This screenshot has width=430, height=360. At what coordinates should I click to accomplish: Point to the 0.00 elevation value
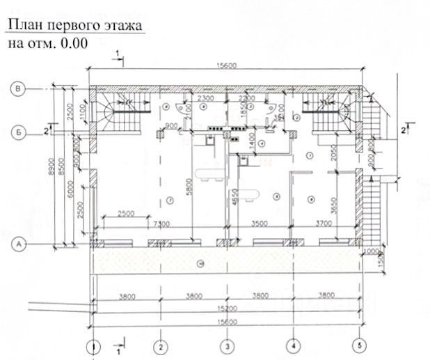[74, 43]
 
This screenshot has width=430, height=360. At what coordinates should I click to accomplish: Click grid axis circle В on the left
[21, 88]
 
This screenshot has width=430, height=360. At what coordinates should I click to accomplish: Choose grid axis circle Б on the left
[21, 130]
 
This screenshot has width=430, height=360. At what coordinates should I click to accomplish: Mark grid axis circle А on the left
[21, 244]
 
